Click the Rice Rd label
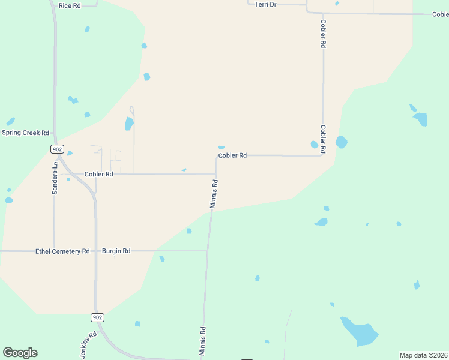click(70, 5)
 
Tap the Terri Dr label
click(265, 4)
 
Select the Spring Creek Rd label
click(25, 133)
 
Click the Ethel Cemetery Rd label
click(62, 251)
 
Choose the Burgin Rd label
click(116, 251)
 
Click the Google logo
click(20, 352)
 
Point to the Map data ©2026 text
click(424, 355)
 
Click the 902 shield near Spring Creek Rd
click(57, 149)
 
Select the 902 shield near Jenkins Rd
click(98, 317)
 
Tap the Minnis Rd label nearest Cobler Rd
click(214, 194)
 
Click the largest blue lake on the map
click(358, 332)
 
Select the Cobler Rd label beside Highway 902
click(98, 174)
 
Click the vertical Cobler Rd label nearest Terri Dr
click(323, 34)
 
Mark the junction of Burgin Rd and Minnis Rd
click(208, 250)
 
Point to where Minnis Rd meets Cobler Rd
click(216, 174)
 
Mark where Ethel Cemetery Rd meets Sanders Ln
click(54, 251)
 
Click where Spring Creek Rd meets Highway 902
click(55, 133)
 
